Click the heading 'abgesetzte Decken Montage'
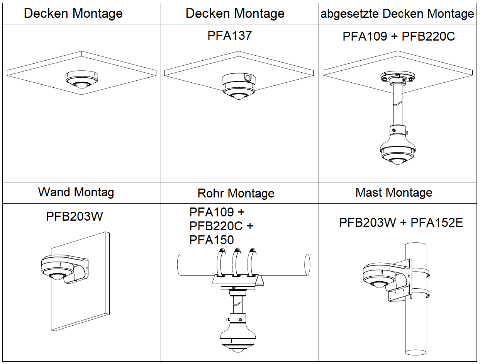click(397, 14)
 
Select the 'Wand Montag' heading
click(76, 192)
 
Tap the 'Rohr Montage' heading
click(236, 193)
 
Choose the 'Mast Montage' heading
click(394, 192)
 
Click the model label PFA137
click(230, 36)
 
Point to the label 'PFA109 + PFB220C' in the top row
click(399, 36)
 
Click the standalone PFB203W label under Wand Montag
click(75, 216)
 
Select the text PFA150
click(212, 240)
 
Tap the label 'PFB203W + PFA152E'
click(401, 223)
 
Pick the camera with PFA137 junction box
click(239, 87)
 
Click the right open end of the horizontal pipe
click(307, 264)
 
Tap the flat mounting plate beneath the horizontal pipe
click(237, 282)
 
